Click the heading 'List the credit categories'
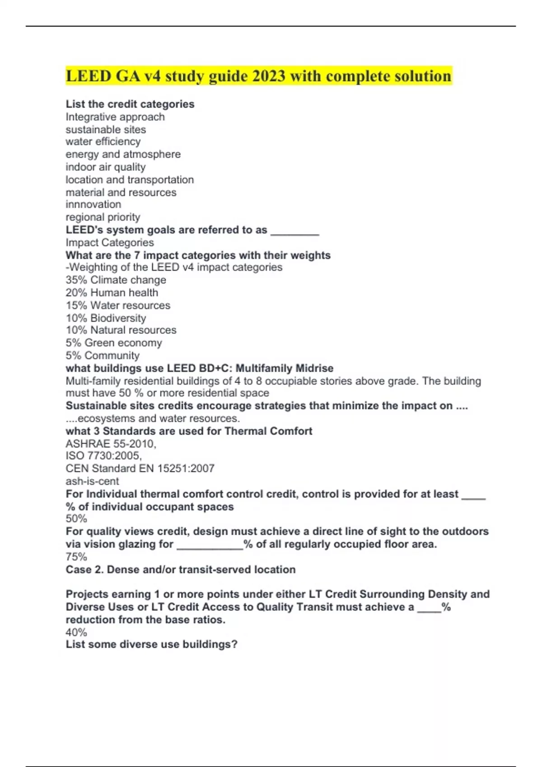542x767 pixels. coord(130,104)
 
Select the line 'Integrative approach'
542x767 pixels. coord(115,117)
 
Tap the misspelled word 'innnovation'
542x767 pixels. coord(93,204)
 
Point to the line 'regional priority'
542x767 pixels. coord(103,217)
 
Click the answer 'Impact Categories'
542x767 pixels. coord(110,243)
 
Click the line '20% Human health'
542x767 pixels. coord(112,293)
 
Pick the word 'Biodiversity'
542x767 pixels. coord(118,318)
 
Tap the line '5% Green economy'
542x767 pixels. coord(114,343)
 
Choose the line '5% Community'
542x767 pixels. coord(103,356)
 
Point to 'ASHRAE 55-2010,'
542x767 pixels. coord(111,444)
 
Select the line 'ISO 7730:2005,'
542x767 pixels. coord(104,456)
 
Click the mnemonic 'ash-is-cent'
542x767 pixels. coord(92,481)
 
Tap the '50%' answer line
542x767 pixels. coord(76,519)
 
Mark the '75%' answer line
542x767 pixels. coord(76,557)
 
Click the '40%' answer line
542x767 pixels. coord(76,633)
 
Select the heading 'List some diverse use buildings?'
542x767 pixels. coord(152,645)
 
